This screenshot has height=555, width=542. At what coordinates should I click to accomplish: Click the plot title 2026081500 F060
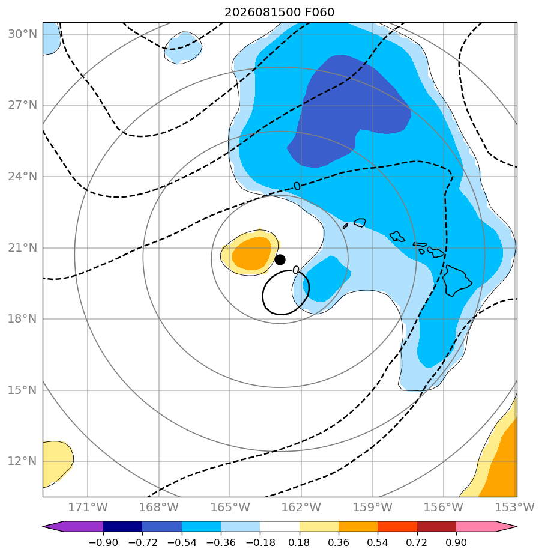tap(279, 13)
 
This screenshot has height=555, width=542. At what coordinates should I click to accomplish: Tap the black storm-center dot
tap(280, 260)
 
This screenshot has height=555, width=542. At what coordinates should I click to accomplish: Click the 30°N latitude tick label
tap(23, 34)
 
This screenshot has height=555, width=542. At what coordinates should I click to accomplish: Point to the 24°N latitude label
tap(23, 176)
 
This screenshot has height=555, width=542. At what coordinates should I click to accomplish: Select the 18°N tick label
tap(23, 318)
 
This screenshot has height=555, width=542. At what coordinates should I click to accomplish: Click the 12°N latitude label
tap(23, 461)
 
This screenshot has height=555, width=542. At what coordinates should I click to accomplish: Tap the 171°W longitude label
tap(88, 507)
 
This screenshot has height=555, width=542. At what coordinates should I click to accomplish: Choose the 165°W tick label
tap(230, 507)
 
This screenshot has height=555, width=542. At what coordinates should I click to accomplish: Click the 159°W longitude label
tap(373, 507)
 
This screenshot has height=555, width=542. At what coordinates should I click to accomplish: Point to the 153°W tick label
tap(515, 507)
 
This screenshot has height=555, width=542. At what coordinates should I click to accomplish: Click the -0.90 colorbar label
tap(103, 542)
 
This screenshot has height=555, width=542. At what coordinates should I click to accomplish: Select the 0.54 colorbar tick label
tap(378, 542)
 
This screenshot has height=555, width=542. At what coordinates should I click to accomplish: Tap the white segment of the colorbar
tap(280, 526)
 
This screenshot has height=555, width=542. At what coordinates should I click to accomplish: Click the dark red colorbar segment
tap(436, 526)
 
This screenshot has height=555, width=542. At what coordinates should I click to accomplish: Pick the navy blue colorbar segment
tap(123, 526)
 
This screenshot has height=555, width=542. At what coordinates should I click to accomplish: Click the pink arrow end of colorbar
tap(486, 526)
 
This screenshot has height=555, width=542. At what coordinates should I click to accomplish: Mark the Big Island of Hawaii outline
tap(457, 281)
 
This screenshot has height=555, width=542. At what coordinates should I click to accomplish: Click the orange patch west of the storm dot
tap(251, 253)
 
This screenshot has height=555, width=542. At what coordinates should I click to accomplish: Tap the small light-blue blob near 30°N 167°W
tap(183, 48)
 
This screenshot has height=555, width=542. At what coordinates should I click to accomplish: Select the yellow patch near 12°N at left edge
tap(56, 463)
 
